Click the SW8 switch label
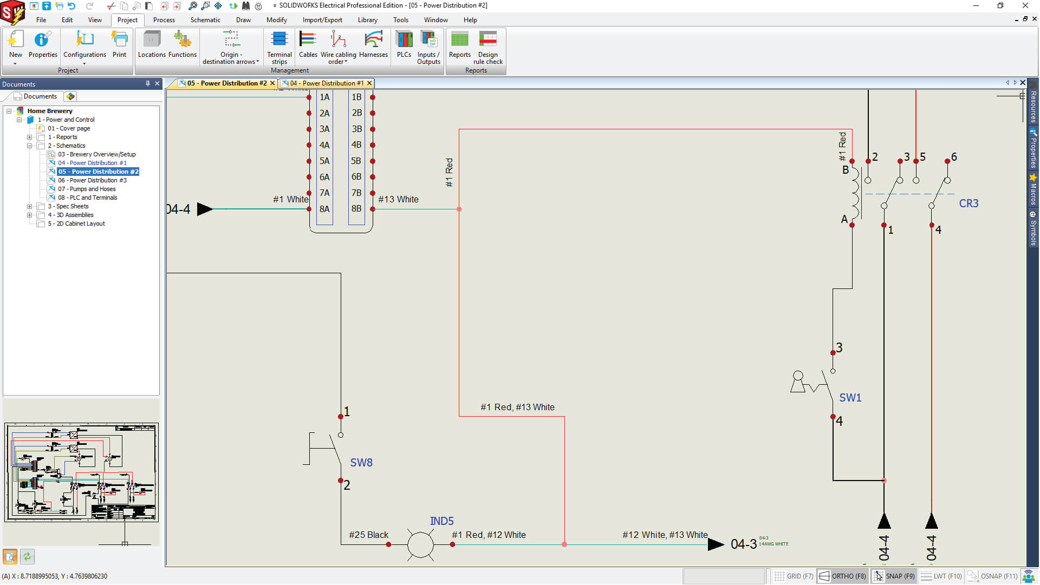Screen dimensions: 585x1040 [361, 463]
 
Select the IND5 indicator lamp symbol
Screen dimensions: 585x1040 [420, 544]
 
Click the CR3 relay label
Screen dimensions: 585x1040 [968, 203]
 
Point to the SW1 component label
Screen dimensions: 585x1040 [850, 398]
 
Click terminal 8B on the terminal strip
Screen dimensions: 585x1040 [356, 208]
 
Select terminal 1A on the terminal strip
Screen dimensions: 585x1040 [324, 97]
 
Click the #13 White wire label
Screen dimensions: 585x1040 [398, 199]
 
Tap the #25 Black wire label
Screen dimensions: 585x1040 [368, 535]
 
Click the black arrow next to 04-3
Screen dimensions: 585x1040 [716, 544]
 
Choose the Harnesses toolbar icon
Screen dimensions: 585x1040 [373, 44]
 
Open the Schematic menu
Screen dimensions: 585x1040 [205, 20]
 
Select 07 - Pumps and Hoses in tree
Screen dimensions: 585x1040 [87, 189]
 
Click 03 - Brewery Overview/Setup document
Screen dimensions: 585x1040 [96, 154]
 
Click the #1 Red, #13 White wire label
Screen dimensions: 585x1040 [517, 407]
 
